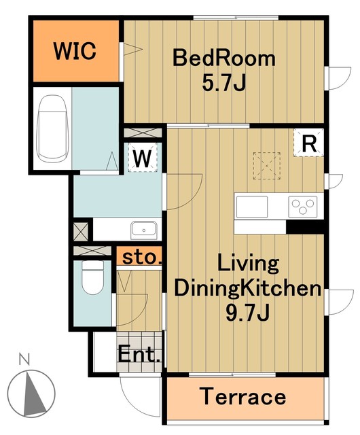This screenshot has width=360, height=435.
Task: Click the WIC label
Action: coord(75,51)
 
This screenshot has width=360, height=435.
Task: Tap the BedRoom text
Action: coord(224,58)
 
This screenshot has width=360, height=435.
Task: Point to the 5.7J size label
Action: coord(224,83)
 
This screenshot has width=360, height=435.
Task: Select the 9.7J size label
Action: coord(248,313)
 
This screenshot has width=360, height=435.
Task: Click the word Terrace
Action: coord(243,396)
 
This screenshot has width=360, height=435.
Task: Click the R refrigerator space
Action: coord(309,143)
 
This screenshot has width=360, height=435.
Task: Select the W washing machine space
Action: coord(143,157)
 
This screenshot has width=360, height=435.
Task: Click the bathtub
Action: coord(52,128)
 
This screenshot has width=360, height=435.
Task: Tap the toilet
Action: coord(92,277)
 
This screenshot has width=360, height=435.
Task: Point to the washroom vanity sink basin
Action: coord(144,230)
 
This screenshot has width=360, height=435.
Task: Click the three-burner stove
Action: coord(302,207)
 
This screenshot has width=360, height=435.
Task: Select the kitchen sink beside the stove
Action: coord(252,207)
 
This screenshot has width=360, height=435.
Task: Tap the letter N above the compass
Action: coord(24,359)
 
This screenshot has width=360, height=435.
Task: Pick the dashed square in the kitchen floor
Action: coord(266,166)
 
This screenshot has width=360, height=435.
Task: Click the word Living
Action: coord(248,263)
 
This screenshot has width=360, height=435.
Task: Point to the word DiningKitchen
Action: coord(248,288)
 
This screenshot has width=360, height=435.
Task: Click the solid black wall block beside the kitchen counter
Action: coord(305,227)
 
